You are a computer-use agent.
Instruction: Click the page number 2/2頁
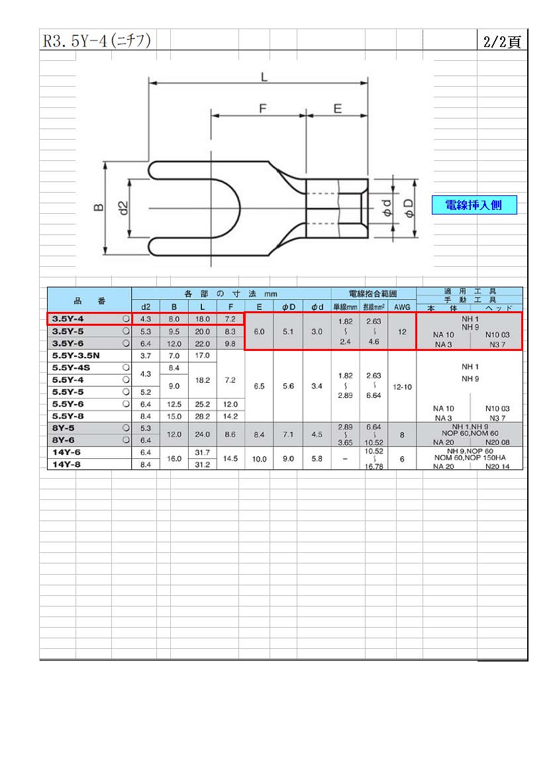501,41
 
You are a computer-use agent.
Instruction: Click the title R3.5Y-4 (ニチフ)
97,40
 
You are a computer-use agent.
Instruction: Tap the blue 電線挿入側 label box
474,205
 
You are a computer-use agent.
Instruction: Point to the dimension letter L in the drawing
264,77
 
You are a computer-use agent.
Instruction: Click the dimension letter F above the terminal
263,109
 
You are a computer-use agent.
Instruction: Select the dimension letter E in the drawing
338,109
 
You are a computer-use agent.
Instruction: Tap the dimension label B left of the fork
99,207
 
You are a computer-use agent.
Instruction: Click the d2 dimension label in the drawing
124,208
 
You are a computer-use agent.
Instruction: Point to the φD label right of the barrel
409,208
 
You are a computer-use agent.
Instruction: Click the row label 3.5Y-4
68,318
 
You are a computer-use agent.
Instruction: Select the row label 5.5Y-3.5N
75,356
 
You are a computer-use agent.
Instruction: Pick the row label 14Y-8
66,464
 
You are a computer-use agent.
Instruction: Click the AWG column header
402,307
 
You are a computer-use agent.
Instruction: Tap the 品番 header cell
90,301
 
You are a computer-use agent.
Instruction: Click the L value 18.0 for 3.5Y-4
203,319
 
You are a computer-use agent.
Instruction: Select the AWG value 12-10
402,387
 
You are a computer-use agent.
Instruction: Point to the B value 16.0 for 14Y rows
174,459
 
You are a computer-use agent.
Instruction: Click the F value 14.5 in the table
230,459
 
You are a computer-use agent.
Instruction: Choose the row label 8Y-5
64,428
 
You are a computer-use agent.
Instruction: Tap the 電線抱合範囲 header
373,294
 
